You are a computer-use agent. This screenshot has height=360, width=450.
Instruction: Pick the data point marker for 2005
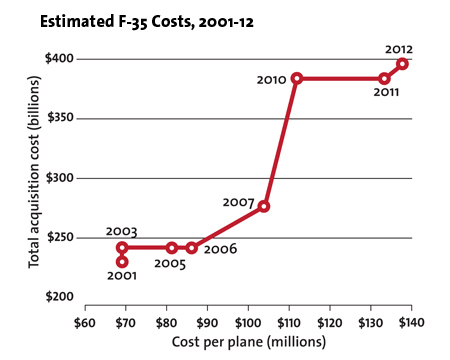point(172,247)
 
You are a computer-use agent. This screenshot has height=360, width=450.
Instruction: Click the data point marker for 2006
point(192,247)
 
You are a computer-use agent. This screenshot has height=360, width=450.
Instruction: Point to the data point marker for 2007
point(264,206)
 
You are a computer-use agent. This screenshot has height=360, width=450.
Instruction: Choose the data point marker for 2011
point(384,78)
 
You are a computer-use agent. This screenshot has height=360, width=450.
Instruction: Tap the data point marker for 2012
point(402,64)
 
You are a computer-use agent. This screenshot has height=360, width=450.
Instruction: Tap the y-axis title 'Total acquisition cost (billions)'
point(33,178)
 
